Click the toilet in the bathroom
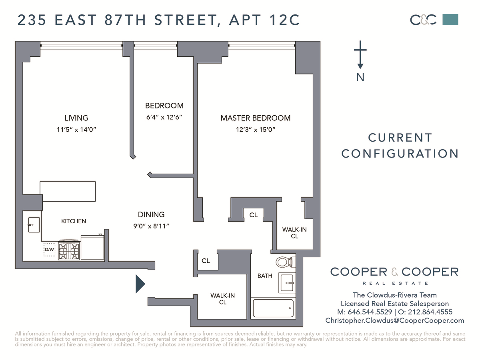click(x=285, y=262)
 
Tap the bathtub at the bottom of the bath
click(x=273, y=308)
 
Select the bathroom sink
click(x=287, y=283)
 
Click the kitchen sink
click(x=34, y=225)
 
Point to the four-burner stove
click(x=69, y=250)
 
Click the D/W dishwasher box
click(x=50, y=249)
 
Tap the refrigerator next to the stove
click(x=92, y=247)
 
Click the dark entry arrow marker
click(x=140, y=284)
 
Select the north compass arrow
click(x=360, y=55)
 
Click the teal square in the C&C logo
click(x=450, y=20)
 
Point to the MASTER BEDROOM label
click(x=256, y=118)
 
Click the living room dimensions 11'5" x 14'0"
click(x=76, y=130)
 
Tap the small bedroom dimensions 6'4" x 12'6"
click(x=164, y=117)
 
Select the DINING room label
click(x=151, y=214)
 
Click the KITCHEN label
click(x=74, y=221)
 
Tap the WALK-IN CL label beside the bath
click(x=223, y=299)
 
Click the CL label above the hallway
click(x=254, y=215)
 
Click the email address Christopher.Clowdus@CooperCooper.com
click(x=395, y=320)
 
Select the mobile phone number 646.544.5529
click(x=370, y=312)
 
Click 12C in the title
click(x=284, y=20)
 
